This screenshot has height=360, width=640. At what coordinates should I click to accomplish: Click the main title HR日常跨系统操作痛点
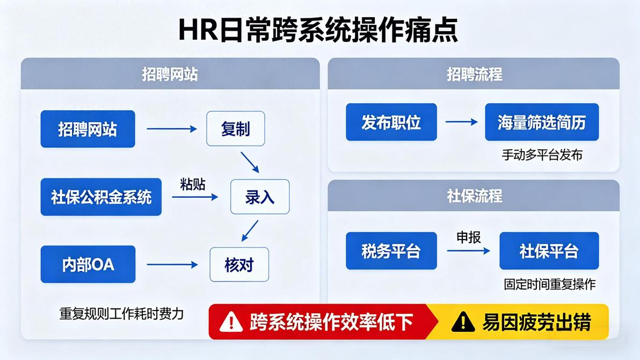tap(318, 30)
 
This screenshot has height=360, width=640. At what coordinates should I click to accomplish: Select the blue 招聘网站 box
tap(88, 129)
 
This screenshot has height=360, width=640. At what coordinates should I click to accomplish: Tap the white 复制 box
tap(236, 128)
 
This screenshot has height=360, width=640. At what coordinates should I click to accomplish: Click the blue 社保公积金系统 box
tap(101, 197)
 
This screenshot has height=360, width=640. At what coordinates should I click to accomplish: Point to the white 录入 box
tap(260, 197)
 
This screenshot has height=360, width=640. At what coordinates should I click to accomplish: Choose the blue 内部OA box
tap(88, 264)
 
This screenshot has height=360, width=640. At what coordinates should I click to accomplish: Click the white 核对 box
tap(239, 264)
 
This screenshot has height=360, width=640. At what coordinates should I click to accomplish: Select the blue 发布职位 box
tap(391, 122)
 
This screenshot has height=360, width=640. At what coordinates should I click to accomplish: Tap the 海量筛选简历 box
tap(542, 122)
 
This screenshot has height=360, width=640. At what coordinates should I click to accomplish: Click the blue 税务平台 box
tap(391, 250)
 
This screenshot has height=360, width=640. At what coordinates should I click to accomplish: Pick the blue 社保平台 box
tap(549, 250)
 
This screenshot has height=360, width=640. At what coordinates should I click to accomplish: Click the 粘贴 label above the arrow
tap(193, 184)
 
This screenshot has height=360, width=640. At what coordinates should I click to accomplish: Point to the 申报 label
tap(469, 237)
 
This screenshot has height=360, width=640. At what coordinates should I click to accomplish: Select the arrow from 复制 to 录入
tap(250, 162)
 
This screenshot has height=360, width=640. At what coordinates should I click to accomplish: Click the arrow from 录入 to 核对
tap(250, 231)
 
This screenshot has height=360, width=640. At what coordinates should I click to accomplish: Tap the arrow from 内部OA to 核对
tap(172, 264)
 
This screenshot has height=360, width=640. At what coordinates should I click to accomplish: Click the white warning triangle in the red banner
tap(231, 321)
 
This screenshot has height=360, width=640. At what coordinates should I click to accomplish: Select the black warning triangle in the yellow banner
tap(463, 321)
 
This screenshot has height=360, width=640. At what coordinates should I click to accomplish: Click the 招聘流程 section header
tap(474, 74)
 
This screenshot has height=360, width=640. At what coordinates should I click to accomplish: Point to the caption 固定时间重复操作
tap(549, 284)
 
